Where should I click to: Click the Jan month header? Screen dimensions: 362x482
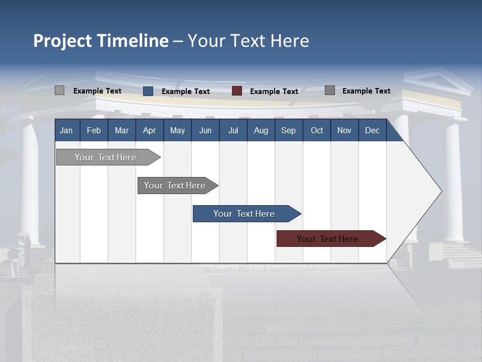[66, 130]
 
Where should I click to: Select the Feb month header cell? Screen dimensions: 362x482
[94, 130]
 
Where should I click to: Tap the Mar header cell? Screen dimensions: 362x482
[122, 130]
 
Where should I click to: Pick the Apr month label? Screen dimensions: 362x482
[150, 130]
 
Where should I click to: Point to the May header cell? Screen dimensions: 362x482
[177, 130]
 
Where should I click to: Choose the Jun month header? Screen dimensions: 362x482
[205, 130]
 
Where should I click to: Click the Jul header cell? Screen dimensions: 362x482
[233, 130]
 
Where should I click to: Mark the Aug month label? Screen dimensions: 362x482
[261, 130]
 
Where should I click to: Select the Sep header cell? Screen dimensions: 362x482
[289, 130]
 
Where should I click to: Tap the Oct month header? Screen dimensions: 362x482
[317, 130]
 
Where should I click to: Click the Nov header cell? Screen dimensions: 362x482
[344, 130]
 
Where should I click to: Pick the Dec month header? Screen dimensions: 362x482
[373, 130]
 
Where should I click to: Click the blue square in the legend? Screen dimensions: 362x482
[148, 91]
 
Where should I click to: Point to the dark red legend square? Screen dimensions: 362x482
[237, 91]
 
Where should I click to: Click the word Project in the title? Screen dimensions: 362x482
[63, 41]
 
